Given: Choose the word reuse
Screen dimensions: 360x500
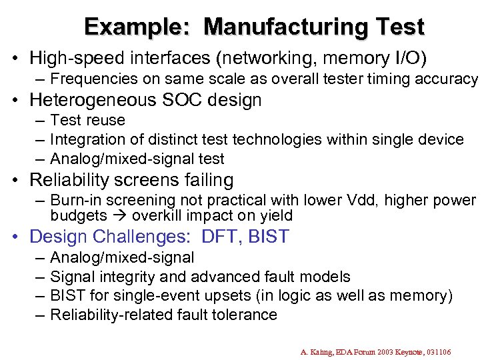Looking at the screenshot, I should (x=107, y=121).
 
